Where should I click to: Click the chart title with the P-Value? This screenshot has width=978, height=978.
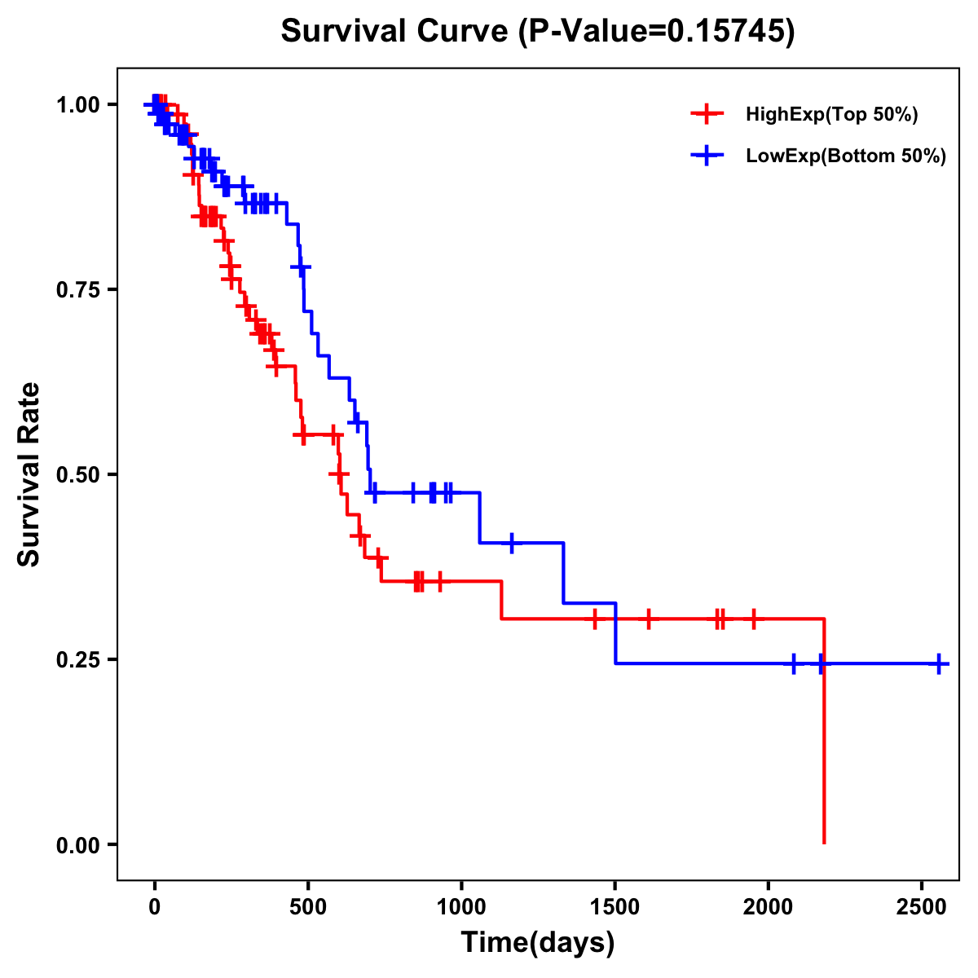coord(538,31)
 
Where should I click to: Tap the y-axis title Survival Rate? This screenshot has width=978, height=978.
coord(29,474)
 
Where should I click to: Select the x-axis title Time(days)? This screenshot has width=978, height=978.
coord(538,943)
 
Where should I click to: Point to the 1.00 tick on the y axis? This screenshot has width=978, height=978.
coord(77,104)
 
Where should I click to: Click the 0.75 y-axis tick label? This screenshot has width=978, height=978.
coord(77,289)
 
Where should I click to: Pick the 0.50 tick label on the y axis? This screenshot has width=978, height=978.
coord(77,474)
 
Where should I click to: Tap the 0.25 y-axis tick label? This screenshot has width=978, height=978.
coord(77,659)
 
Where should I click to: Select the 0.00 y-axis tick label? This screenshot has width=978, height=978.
coord(77,844)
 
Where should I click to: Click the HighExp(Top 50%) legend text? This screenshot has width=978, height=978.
coord(831,115)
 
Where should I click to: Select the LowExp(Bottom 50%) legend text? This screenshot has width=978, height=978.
coord(846,156)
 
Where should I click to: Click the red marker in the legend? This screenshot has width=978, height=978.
coord(707,115)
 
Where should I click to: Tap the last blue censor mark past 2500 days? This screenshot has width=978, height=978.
coord(939,663)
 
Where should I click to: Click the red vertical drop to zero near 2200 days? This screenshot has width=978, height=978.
coord(824,733)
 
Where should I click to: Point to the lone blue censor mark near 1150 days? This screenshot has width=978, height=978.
coord(512,543)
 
